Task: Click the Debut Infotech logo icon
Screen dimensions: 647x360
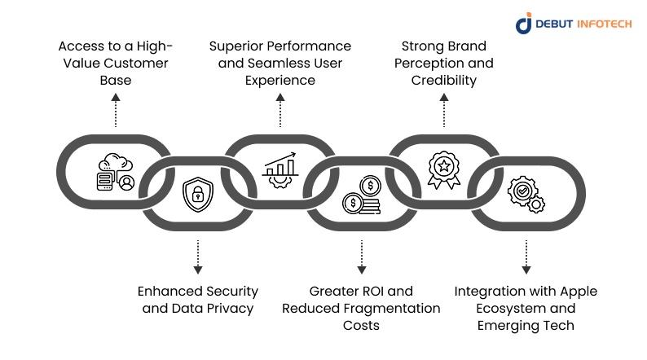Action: pyautogui.click(x=524, y=23)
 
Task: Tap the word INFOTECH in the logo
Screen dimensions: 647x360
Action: pyautogui.click(x=604, y=24)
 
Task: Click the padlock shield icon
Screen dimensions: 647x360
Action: pyautogui.click(x=198, y=194)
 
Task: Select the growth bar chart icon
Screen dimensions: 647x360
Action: pyautogui.click(x=279, y=170)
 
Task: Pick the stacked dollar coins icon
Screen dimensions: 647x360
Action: pyautogui.click(x=362, y=195)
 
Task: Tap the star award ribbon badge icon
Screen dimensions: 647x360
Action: pyautogui.click(x=444, y=170)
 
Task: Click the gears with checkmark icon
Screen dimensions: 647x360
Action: pyautogui.click(x=526, y=194)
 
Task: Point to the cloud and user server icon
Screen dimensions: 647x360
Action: pyautogui.click(x=116, y=172)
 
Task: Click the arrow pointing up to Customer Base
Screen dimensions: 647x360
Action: pyautogui.click(x=116, y=110)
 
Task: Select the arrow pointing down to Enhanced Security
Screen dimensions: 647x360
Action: pyautogui.click(x=198, y=257)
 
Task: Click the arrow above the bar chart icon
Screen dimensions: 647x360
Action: pyautogui.click(x=280, y=110)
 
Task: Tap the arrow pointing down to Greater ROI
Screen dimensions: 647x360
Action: pyautogui.click(x=362, y=257)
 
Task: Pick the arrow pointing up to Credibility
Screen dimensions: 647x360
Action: pyautogui.click(x=444, y=110)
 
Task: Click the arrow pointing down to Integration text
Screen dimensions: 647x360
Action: pyautogui.click(x=526, y=257)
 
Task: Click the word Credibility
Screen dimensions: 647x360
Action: pyautogui.click(x=444, y=80)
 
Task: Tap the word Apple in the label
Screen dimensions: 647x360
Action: pyautogui.click(x=578, y=292)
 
